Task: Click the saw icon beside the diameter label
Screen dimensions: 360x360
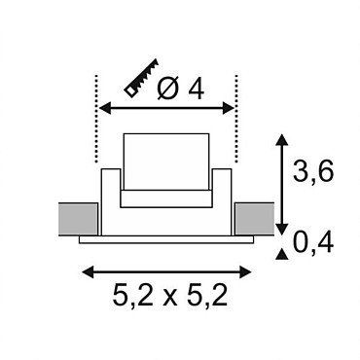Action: coord(141,78)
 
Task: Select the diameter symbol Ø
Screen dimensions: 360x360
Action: coord(168,89)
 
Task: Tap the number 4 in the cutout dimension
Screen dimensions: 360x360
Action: coord(197,89)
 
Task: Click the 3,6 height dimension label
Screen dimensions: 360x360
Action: coord(313,171)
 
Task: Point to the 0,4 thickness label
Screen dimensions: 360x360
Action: coord(313,243)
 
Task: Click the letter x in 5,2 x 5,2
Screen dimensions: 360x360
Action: coord(170,298)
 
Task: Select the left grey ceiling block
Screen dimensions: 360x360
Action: coord(78,219)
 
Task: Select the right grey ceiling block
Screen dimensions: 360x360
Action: coord(254,219)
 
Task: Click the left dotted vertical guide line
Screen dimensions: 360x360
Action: coord(96,119)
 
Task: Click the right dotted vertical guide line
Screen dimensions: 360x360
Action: coord(236,119)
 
